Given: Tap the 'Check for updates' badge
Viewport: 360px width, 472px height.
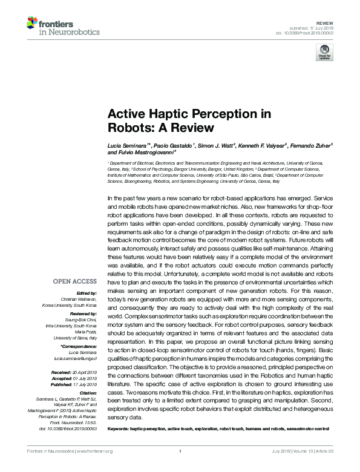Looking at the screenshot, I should [x=324, y=53].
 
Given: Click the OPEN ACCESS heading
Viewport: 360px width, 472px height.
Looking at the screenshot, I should [x=75, y=281].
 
